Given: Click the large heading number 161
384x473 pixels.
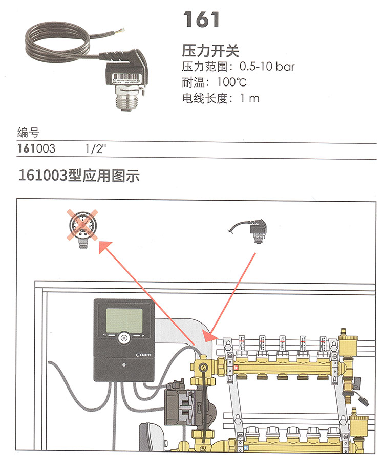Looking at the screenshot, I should pyautogui.click(x=202, y=19).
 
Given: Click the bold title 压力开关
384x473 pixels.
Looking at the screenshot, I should pyautogui.click(x=210, y=51).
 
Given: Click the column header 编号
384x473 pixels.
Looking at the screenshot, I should pyautogui.click(x=28, y=134).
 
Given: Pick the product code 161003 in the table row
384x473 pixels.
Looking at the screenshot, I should pyautogui.click(x=36, y=149).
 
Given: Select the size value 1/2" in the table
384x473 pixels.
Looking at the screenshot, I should pyautogui.click(x=95, y=149).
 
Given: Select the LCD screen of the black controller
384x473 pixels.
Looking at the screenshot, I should pyautogui.click(x=123, y=320).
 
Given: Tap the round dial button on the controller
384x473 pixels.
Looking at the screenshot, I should pyautogui.click(x=123, y=338).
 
